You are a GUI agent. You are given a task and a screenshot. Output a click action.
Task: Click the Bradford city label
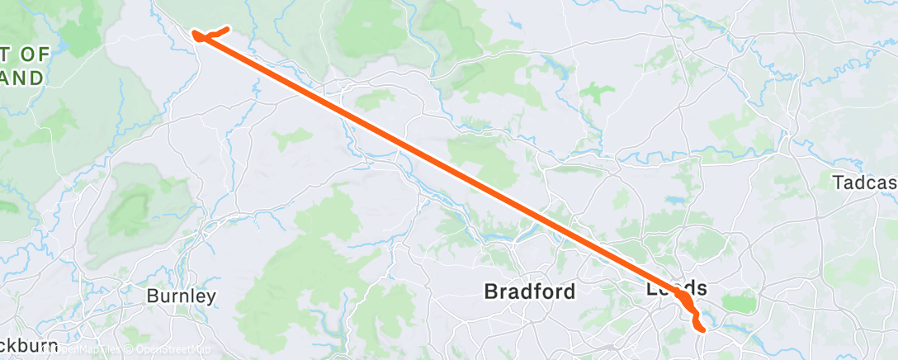529,291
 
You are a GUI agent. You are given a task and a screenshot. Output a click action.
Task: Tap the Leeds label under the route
677,289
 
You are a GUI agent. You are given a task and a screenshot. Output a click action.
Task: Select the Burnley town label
181,296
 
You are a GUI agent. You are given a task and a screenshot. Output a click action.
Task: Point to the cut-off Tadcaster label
865,182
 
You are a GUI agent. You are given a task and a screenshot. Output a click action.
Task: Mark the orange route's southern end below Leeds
702,329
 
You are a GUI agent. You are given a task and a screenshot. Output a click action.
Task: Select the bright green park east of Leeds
745,304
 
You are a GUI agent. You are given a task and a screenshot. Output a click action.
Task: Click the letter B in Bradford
490,291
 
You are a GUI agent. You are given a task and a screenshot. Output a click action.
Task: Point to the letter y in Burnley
211,297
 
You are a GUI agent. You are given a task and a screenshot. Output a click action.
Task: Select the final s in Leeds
702,289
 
